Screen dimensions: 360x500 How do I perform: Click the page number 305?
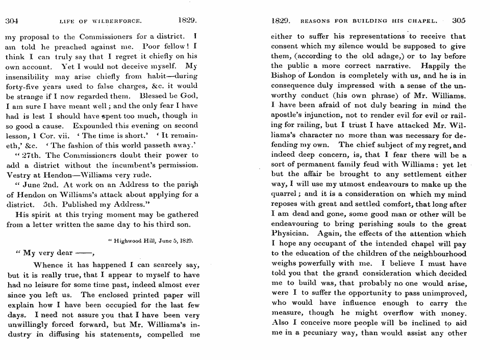click(459, 21)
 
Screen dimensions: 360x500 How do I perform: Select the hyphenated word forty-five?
click(26, 86)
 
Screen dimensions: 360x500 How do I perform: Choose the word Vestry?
click(17, 175)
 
